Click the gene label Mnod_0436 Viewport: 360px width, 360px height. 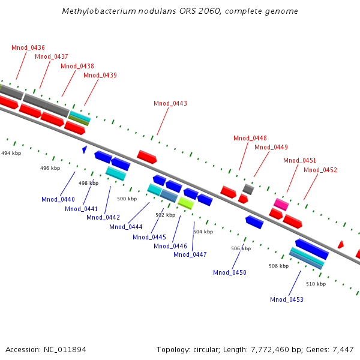28,47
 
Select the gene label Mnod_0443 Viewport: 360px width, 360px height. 170,103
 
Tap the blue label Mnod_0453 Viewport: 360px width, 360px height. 287,299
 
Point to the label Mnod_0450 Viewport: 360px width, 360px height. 230,272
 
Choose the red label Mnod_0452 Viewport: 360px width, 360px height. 320,170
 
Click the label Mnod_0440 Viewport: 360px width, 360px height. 58,199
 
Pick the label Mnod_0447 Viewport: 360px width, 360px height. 190,254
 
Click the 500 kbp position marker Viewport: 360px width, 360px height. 127,199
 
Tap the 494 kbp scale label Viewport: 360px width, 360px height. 11,154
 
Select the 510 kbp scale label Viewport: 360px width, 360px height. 316,284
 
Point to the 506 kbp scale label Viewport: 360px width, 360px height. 241,248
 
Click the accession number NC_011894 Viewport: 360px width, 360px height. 65,349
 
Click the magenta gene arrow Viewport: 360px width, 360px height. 281,205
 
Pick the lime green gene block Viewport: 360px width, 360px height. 185,203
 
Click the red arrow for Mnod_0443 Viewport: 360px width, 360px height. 147,157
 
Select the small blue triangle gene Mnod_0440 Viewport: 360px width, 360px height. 85,148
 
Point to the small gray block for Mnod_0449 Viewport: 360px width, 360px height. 248,189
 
